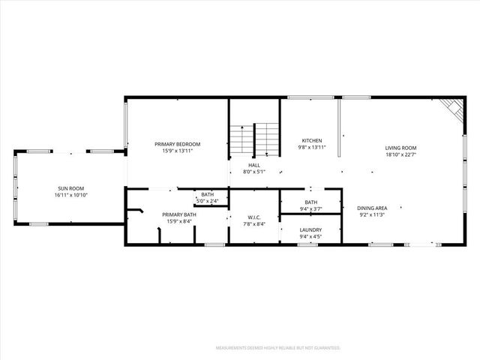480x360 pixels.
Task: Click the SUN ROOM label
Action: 71,188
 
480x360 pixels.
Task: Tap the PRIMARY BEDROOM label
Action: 178,144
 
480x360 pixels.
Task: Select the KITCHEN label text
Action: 312,141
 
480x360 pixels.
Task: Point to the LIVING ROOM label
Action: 401,148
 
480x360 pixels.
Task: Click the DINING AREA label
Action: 372,208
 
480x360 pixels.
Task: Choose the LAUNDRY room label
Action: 310,230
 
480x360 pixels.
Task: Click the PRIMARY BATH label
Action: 179,214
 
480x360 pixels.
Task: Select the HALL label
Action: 255,165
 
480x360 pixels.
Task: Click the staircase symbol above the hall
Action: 254,139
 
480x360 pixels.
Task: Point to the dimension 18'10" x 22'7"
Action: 401,155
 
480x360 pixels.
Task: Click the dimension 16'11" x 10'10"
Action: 71,195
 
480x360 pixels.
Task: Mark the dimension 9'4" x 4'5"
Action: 310,237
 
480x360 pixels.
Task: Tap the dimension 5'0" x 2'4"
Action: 207,201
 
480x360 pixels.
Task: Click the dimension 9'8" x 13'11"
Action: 312,148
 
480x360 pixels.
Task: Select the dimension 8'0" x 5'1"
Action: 255,172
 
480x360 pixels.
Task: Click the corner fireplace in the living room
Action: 452,108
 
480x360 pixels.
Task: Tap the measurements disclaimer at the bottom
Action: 278,348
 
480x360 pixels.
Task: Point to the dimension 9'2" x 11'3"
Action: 372,214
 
